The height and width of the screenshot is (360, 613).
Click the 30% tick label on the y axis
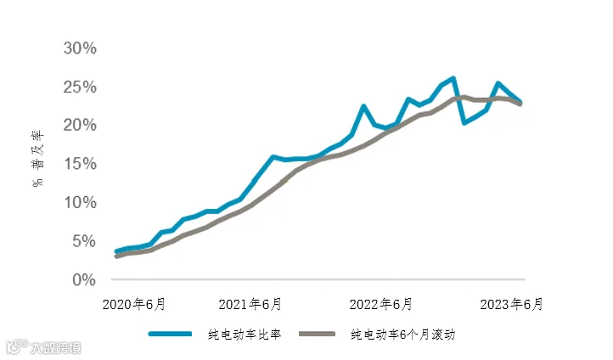80,48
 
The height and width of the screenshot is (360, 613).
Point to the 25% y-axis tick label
80,87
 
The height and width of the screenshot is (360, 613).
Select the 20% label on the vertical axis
80,125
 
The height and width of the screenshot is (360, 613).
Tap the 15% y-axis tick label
80,163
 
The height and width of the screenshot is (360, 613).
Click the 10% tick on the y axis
80,202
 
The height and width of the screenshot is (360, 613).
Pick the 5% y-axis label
84,241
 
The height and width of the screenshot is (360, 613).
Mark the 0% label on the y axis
84,280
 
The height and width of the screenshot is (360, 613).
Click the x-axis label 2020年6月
133,304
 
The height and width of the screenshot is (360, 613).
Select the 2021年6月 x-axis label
250,304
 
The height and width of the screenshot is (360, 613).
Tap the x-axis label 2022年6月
380,304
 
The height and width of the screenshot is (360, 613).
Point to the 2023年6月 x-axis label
511,304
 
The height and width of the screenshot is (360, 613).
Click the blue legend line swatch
170,334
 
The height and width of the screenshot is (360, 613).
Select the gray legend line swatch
317,334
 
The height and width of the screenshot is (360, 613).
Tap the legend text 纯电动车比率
245,335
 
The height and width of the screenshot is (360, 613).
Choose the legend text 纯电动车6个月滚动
403,335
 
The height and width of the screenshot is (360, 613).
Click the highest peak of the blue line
453,78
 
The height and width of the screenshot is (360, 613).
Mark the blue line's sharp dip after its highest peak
464,123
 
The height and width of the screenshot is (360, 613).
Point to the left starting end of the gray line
116,256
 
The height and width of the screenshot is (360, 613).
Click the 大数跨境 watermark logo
43,347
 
